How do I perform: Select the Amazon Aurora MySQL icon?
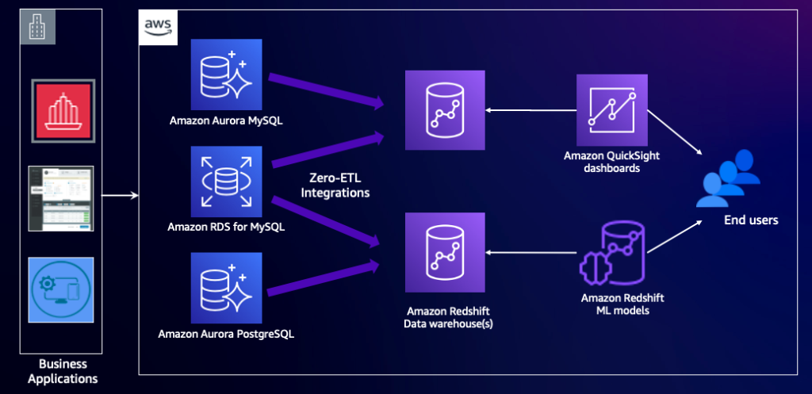point(226,75)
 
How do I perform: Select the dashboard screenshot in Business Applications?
point(61,198)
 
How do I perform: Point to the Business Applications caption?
point(63,371)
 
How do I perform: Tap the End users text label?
point(750,220)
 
